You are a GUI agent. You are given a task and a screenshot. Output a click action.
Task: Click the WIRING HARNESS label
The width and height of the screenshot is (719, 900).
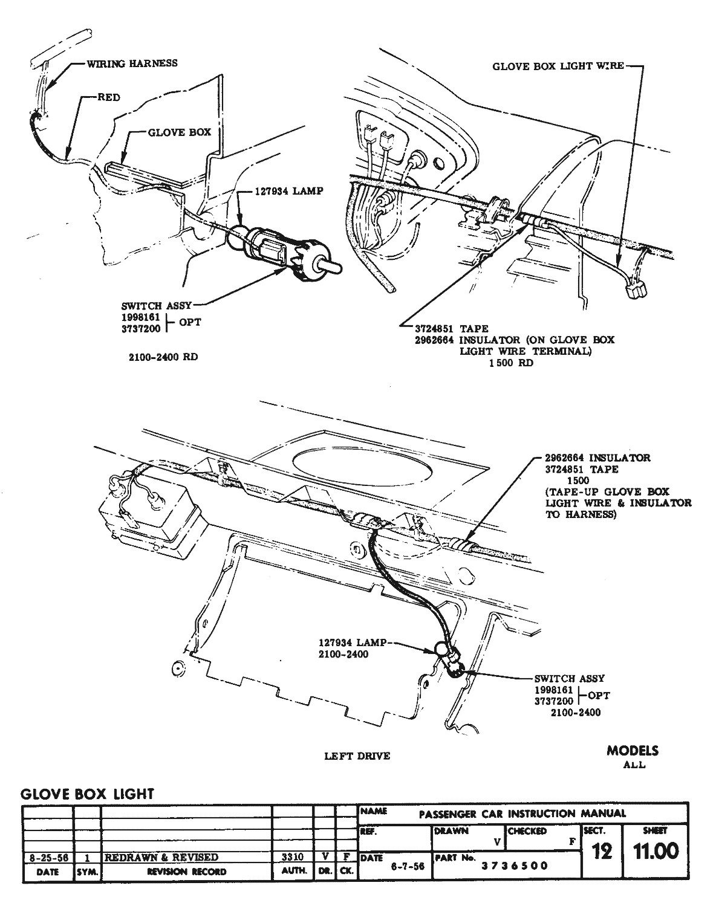(132, 63)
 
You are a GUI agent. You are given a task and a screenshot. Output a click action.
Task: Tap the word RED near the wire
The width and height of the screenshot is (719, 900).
(109, 97)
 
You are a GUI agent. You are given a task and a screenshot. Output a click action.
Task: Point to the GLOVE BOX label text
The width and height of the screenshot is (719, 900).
(180, 132)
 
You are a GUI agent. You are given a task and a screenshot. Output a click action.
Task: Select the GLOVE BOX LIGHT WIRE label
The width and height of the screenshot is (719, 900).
(558, 66)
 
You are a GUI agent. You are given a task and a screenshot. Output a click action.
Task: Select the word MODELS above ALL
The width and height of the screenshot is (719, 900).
(633, 751)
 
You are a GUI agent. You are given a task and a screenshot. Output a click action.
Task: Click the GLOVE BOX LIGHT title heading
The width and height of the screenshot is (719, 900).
(88, 794)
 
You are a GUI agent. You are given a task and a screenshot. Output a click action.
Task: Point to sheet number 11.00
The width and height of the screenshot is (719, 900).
(656, 852)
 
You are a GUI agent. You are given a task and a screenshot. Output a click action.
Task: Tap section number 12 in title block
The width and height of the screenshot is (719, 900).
(602, 852)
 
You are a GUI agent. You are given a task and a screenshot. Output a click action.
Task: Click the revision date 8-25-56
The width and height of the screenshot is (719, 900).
(47, 857)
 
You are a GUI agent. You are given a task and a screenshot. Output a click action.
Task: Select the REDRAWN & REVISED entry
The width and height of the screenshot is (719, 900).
(161, 857)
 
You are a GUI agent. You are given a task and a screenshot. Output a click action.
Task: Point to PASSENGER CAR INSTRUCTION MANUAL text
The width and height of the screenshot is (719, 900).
(522, 814)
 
